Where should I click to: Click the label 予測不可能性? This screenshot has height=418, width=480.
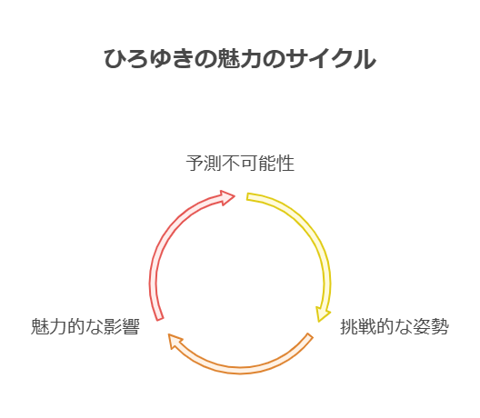coord(240,163)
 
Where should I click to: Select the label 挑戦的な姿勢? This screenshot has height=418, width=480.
coord(395,326)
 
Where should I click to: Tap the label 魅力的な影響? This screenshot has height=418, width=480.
coord(85,326)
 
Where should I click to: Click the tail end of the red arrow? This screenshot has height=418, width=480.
coord(160,319)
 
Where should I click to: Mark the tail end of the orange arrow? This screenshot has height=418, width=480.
coord(310,335)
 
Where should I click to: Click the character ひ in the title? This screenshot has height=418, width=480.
coord(115,58)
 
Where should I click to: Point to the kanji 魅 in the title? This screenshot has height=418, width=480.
coord(228,58)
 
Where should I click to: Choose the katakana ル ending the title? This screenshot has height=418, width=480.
coord(365,58)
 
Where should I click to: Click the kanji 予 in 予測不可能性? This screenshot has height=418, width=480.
coord(195,163)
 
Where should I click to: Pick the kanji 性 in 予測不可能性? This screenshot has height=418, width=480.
coord(285,163)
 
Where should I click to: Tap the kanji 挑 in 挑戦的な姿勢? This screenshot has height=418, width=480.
coord(349,326)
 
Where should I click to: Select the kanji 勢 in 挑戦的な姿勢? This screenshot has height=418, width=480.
coord(440,326)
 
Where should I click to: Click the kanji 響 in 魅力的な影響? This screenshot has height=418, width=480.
coord(131,326)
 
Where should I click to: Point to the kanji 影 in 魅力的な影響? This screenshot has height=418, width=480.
coord(113,326)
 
